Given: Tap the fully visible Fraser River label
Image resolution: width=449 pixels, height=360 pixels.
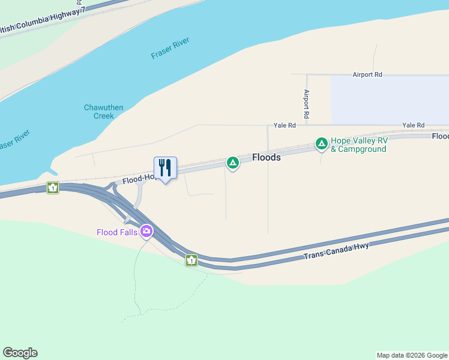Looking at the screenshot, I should (x=170, y=48).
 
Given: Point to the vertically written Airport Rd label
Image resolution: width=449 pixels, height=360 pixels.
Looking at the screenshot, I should (x=306, y=103).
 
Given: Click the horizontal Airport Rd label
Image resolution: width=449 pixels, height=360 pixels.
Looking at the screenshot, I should (x=367, y=74).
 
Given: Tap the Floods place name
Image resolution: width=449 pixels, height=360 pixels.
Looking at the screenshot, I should (x=266, y=157).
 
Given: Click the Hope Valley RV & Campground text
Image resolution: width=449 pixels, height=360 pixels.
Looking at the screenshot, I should (x=359, y=145).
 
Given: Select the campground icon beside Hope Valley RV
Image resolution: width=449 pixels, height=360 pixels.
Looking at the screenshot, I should (x=322, y=144).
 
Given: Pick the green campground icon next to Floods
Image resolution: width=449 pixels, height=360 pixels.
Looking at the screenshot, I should (x=233, y=163).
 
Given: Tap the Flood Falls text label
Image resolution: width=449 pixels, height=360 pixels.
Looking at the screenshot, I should (x=117, y=232).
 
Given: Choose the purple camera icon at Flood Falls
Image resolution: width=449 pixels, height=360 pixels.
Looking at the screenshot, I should (x=146, y=231).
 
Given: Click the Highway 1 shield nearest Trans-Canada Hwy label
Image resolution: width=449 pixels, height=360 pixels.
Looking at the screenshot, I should (x=191, y=260).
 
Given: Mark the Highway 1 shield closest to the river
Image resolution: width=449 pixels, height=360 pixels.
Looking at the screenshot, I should (x=53, y=188).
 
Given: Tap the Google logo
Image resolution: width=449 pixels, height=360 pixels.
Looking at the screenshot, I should (x=20, y=353).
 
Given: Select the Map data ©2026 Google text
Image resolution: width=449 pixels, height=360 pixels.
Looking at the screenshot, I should (x=412, y=355).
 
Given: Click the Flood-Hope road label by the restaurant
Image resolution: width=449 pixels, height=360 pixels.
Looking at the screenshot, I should (x=137, y=179).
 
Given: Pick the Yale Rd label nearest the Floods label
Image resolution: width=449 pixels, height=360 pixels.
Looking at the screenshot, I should (x=285, y=125).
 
